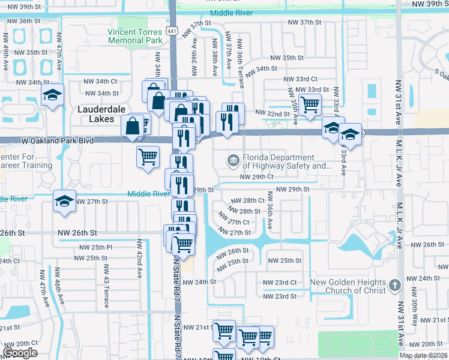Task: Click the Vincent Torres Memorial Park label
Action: click(135, 36)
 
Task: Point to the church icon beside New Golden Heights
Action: click(394, 284)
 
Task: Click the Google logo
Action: click(20, 353)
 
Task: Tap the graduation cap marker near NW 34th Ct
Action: click(53, 95)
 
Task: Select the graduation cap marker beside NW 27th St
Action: click(64, 201)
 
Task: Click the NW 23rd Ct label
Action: click(280, 283)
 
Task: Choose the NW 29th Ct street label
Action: click(257, 177)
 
